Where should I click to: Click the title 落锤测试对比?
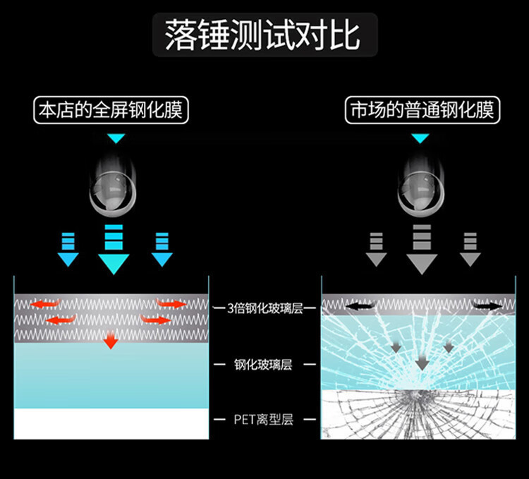[x=264, y=35]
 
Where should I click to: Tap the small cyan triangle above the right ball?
[x=420, y=138]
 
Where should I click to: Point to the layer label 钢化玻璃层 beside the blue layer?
[x=263, y=365]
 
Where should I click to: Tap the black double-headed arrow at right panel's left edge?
[x=357, y=307]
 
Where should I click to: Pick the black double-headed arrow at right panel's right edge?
[x=488, y=307]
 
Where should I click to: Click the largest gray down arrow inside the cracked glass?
[x=422, y=363]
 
